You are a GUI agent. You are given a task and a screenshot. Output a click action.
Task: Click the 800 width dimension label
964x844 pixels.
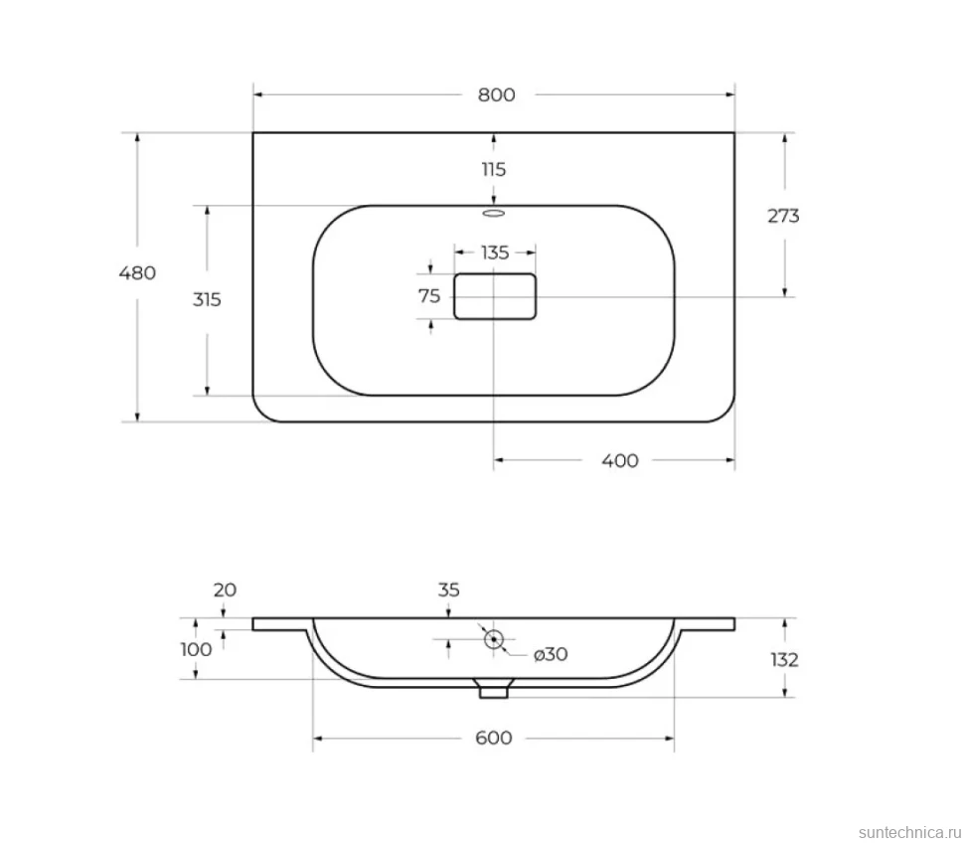point(497,94)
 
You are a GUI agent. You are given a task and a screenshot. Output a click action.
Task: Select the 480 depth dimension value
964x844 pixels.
point(137,272)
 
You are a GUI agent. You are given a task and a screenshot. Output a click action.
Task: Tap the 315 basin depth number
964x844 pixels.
point(207,299)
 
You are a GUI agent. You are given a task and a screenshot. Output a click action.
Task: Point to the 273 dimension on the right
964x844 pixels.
point(783,216)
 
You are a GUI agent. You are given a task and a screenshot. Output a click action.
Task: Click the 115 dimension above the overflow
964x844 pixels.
point(494,169)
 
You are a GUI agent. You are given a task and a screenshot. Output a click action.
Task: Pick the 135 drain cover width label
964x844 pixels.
point(495,253)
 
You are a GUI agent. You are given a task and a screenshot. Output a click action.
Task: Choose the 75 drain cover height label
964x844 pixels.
point(429,296)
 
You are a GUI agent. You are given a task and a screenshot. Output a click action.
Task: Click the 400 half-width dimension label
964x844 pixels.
point(620,460)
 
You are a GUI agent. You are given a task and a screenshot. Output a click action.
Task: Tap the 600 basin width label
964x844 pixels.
point(494,738)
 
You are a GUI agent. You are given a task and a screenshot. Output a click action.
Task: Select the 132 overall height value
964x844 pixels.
point(784,660)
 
